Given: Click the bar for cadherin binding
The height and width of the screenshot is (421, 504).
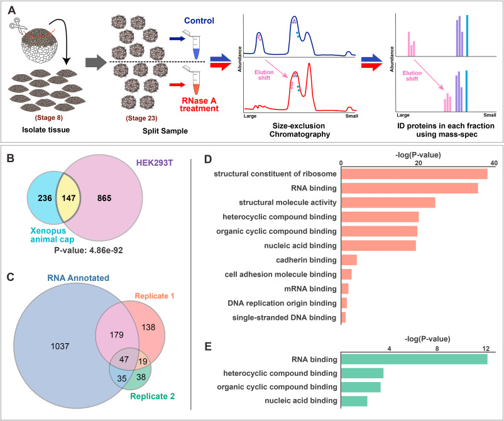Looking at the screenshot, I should pos(349,260).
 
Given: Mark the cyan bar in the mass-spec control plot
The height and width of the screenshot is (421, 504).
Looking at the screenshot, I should pos(466,36).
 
